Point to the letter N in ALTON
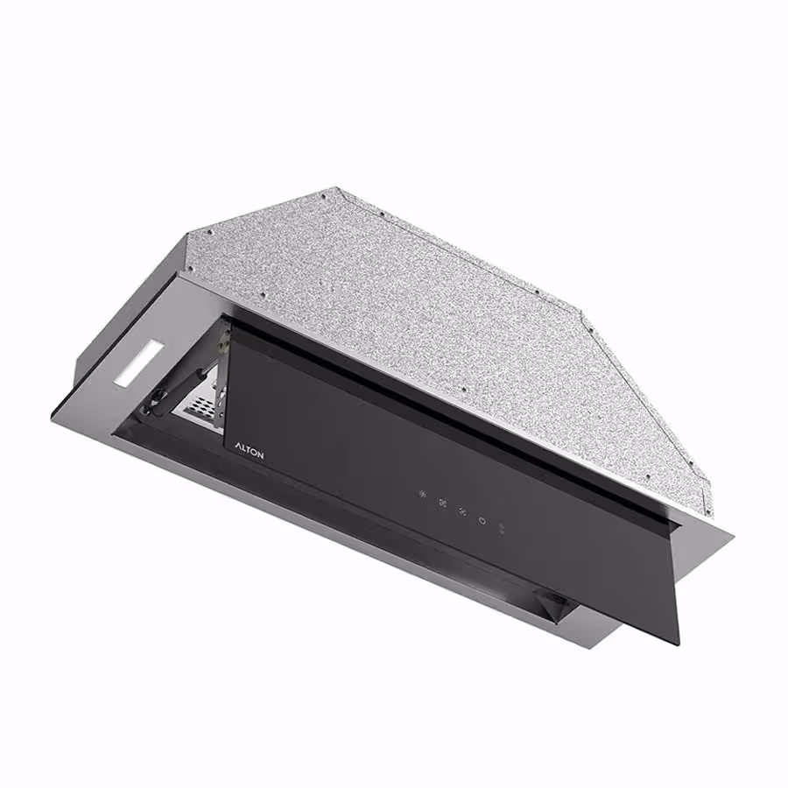click(x=259, y=456)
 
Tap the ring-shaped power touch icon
click(x=482, y=521)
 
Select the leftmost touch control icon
click(x=423, y=494)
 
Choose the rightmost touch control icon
click(x=501, y=529)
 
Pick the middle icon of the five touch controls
click(x=462, y=512)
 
